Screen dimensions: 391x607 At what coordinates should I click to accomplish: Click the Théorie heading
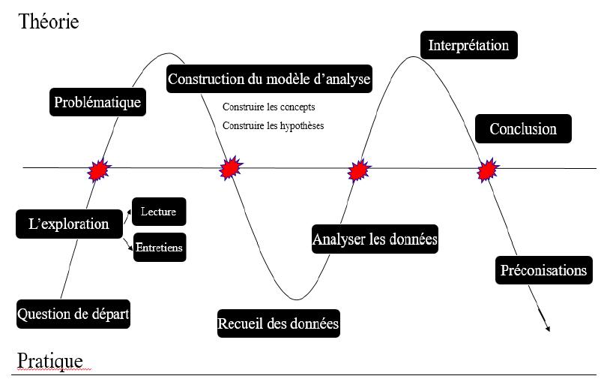click(x=49, y=22)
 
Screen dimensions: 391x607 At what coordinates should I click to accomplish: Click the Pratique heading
click(x=49, y=361)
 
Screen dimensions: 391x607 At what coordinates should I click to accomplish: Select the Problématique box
click(x=97, y=102)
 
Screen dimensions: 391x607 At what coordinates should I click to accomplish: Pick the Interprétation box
click(x=468, y=45)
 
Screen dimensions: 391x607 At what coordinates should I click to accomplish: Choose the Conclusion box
click(x=523, y=128)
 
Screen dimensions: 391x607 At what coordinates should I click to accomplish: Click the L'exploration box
click(x=69, y=224)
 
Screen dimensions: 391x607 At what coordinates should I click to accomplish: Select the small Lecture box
click(x=158, y=212)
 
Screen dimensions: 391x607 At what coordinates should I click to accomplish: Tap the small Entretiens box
click(x=159, y=247)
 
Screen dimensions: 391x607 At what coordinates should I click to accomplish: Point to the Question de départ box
click(x=73, y=314)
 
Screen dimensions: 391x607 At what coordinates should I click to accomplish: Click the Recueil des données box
click(x=278, y=324)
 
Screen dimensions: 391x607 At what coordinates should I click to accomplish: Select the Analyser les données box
click(x=375, y=240)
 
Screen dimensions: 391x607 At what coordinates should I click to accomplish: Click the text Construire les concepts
click(x=268, y=107)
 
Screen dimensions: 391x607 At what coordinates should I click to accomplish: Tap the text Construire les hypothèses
click(x=273, y=125)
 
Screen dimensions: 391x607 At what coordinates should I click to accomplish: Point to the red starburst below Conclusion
click(x=488, y=170)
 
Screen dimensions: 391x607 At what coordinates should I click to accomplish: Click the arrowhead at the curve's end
click(x=548, y=328)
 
